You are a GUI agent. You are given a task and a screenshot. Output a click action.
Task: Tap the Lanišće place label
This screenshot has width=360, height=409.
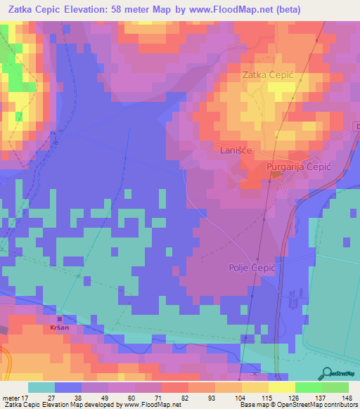coord(234,150)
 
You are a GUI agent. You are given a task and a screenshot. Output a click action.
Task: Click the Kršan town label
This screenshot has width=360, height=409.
coord(60,327)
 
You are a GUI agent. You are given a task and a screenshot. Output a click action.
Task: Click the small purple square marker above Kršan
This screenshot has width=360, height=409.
coord(59,318)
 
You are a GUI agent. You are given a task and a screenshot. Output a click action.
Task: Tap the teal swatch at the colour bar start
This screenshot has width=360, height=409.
coord(41,387)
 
